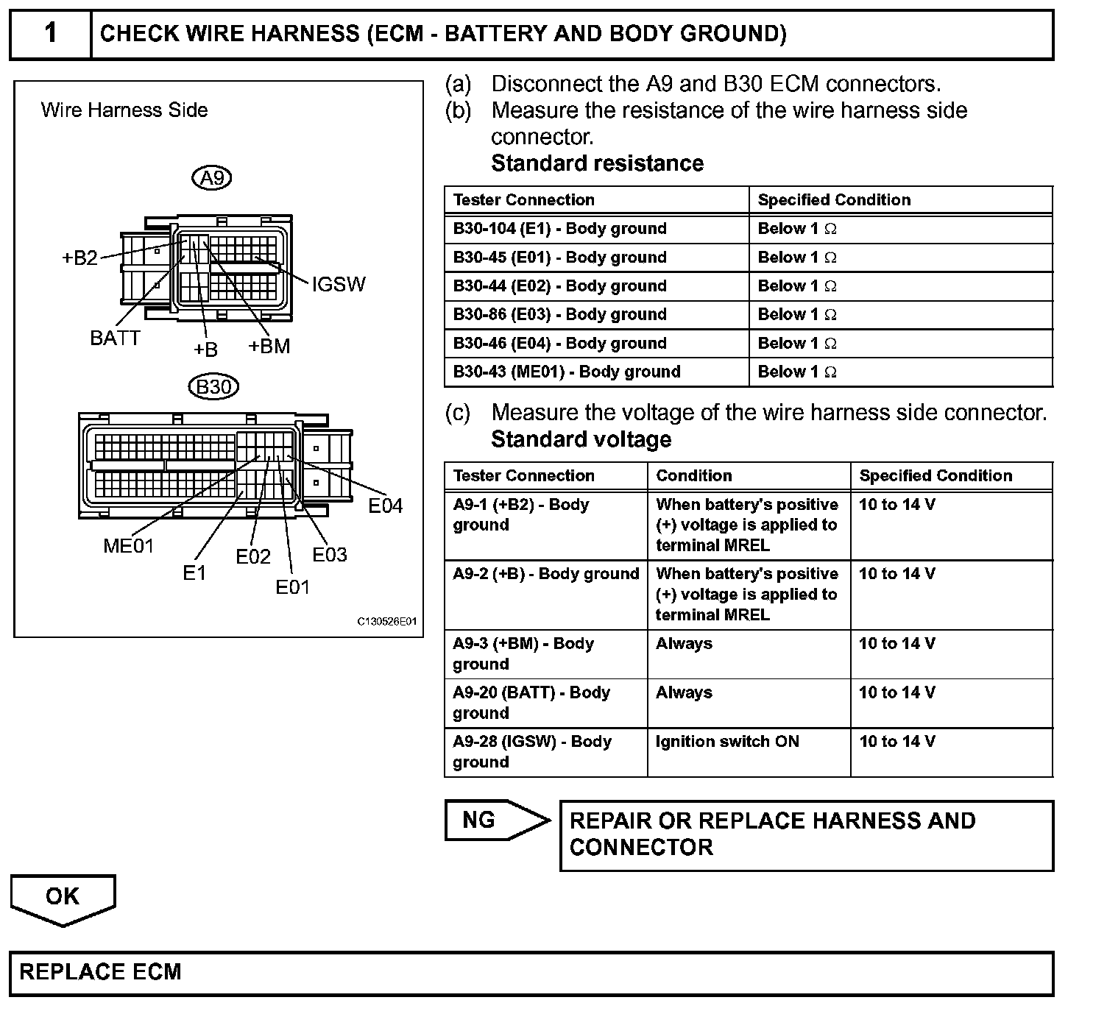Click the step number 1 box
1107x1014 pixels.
tap(50, 34)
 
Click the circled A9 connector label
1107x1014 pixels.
tap(212, 177)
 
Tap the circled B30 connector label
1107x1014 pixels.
tap(213, 386)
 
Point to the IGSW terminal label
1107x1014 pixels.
tap(339, 285)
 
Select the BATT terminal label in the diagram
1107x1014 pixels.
tap(115, 338)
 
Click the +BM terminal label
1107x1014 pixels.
tap(269, 346)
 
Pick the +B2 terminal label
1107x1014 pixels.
tap(79, 258)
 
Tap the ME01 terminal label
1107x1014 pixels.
tap(129, 546)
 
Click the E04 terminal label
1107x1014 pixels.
tap(386, 506)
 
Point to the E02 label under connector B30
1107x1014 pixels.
tap(253, 557)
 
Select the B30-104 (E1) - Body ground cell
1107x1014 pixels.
tap(559, 229)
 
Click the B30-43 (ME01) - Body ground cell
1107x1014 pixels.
tap(567, 372)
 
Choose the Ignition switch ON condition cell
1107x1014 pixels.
tap(727, 742)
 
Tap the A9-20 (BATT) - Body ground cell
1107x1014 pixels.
tap(531, 703)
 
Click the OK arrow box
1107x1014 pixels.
tap(63, 897)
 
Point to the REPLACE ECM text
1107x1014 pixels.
tap(100, 972)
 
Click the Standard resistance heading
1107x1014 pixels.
tap(597, 163)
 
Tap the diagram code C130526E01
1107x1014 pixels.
tap(387, 622)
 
